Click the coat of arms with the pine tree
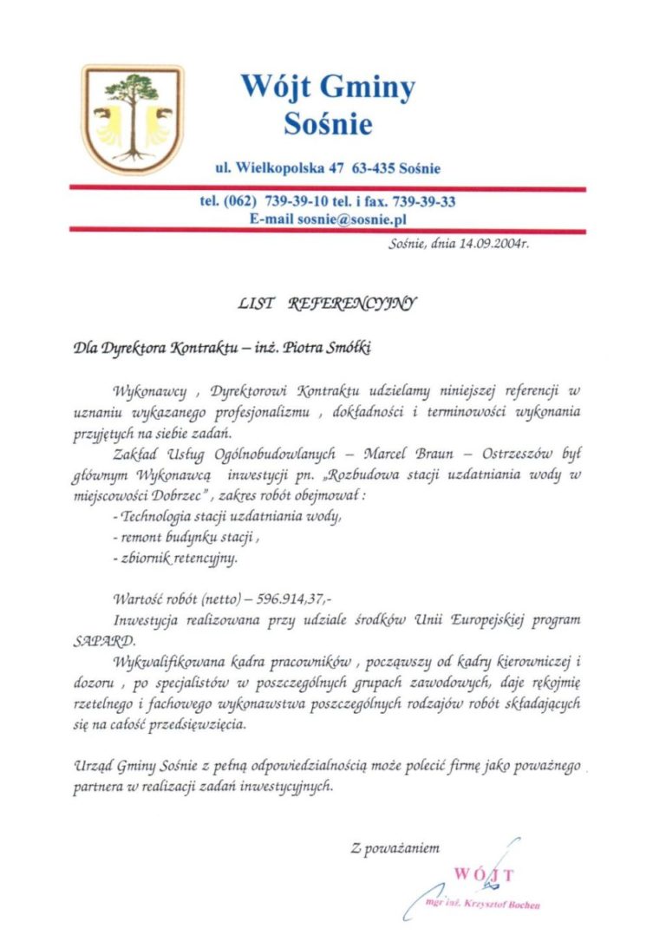coord(133,119)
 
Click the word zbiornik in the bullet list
coord(147,559)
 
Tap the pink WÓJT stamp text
coord(484,874)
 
